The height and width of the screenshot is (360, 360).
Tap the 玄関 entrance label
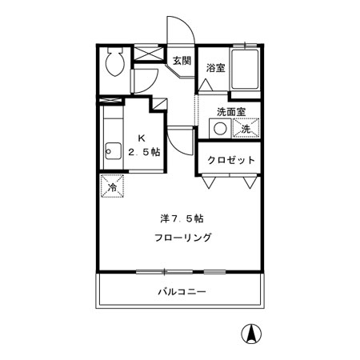pyautogui.click(x=181, y=60)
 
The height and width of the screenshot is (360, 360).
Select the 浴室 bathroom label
pyautogui.click(x=214, y=67)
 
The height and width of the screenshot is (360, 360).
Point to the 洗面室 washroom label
pyautogui.click(x=231, y=111)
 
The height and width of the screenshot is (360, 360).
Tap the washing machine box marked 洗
pyautogui.click(x=246, y=128)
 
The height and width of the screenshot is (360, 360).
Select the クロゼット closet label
pyautogui.click(x=231, y=160)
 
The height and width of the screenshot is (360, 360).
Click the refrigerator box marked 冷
pyautogui.click(x=112, y=186)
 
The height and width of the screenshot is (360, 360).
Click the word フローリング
pyautogui.click(x=183, y=238)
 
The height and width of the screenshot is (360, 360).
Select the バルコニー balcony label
pyautogui.click(x=181, y=291)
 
